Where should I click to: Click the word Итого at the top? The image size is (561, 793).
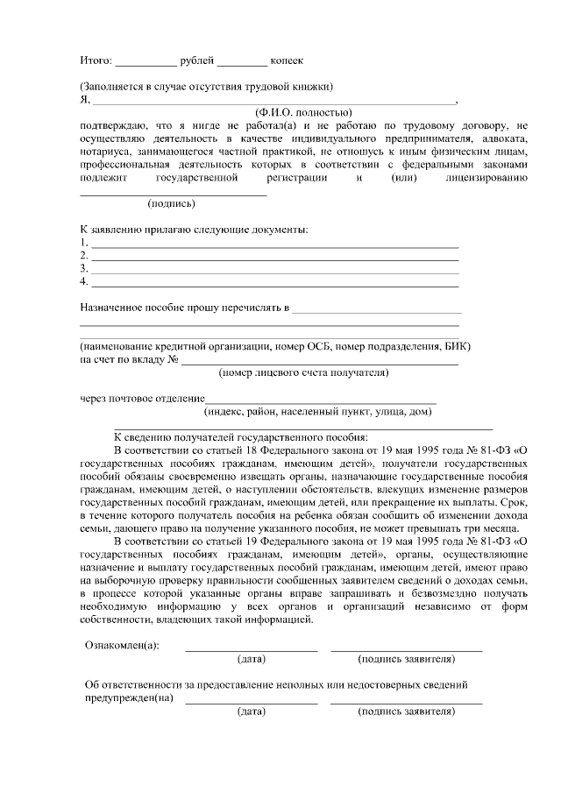[x=95, y=60]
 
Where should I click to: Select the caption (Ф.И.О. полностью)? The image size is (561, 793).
[x=302, y=113]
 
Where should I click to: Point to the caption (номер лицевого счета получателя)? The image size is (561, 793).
[x=303, y=372]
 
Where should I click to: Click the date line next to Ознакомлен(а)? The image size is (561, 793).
[x=251, y=649]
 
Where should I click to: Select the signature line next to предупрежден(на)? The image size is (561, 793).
[x=406, y=703]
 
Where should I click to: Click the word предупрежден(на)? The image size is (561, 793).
[x=128, y=699]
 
